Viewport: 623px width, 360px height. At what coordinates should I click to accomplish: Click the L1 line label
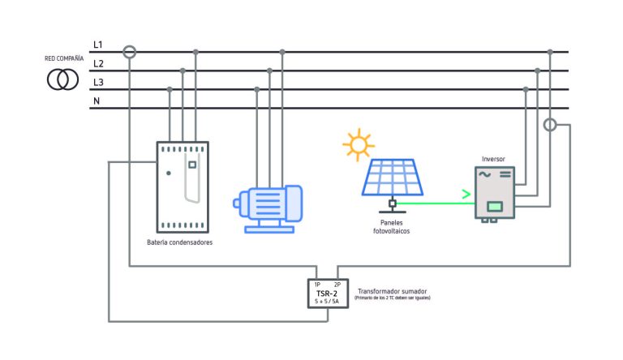98,44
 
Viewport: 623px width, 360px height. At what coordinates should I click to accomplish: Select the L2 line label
98,63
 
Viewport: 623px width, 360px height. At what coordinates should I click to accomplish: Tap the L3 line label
98,83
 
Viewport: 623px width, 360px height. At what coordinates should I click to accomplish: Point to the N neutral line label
97,101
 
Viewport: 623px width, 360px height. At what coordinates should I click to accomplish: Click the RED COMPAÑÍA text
64,59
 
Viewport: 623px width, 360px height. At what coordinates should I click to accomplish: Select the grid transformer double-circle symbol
62,79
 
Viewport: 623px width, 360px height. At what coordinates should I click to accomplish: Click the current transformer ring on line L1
129,52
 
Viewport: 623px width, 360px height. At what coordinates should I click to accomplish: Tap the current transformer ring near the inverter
551,125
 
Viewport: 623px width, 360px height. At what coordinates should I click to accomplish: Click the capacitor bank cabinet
183,186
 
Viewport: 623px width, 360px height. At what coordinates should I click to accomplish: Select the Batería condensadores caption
180,242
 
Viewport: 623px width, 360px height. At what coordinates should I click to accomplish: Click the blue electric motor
268,208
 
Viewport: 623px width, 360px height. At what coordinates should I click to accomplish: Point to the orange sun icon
358,144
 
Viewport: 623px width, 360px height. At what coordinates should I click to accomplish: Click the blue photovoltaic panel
392,177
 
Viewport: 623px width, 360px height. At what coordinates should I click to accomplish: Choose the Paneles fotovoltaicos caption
392,226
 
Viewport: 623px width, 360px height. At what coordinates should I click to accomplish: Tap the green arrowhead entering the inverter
466,195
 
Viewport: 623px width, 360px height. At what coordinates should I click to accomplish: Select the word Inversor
493,159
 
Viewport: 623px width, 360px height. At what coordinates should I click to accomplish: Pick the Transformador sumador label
393,290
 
